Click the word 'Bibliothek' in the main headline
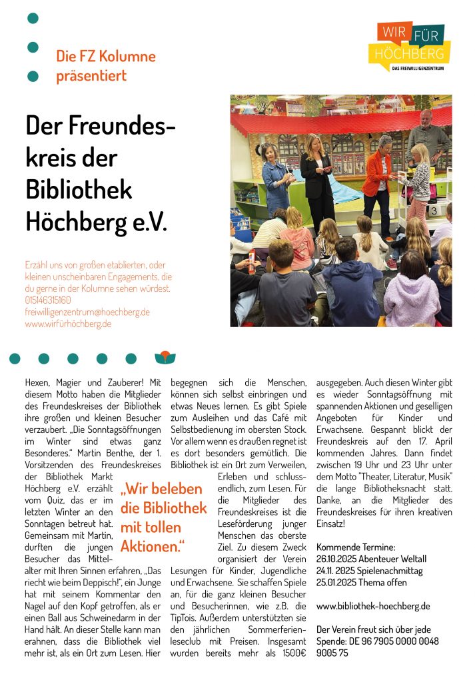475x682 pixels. [x=79, y=188]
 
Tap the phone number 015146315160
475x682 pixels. [x=48, y=300]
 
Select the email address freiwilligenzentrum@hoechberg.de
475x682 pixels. [x=87, y=312]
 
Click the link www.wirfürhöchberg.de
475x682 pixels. [x=68, y=324]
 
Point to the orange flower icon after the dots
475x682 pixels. [x=165, y=358]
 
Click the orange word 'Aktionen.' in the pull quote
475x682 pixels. [x=152, y=546]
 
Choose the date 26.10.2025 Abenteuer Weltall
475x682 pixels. [x=371, y=559]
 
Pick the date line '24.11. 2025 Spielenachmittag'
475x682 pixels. [x=369, y=571]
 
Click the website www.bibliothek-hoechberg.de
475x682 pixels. [x=373, y=606]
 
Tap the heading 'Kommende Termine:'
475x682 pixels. [x=356, y=547]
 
